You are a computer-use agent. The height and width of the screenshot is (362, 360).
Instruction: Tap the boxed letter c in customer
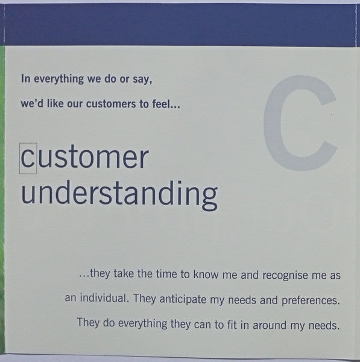click(28, 158)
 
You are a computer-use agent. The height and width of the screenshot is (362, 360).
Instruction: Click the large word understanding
click(119, 195)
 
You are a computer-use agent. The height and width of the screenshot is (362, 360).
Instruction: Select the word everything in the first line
click(59, 79)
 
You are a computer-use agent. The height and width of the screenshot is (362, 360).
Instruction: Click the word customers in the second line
click(111, 104)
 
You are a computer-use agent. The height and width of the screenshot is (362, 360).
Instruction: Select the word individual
click(103, 298)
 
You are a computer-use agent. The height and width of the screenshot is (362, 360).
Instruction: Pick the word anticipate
click(183, 299)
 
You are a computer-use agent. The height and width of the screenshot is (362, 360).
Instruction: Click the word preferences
click(311, 300)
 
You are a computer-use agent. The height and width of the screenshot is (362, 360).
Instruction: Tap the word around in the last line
click(270, 325)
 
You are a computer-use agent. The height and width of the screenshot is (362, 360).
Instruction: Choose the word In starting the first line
click(25, 78)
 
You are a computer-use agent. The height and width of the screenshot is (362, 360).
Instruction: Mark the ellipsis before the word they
click(84, 276)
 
